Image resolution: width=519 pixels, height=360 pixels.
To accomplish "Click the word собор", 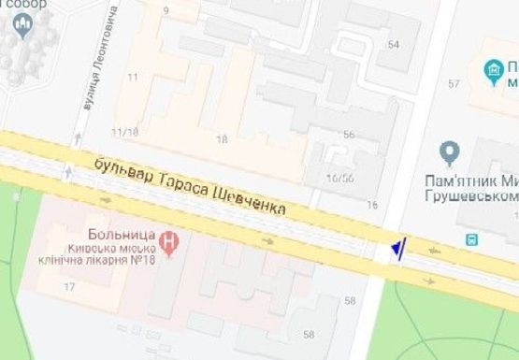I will tap(25, 5).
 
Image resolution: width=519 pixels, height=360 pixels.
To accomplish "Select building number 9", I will tap(166, 11).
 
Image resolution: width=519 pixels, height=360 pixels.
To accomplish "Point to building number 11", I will tap(133, 77).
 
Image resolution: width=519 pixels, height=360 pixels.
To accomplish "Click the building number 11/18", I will tap(124, 132).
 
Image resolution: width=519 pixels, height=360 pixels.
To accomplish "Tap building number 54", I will tap(393, 45).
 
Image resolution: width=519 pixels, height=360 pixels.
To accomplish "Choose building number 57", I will tap(454, 85).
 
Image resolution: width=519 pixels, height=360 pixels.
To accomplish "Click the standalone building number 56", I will tap(349, 135).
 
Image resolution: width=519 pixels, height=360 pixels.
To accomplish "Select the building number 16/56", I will tap(339, 177).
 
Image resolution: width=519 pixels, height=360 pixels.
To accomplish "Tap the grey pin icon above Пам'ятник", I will tap(450, 151).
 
